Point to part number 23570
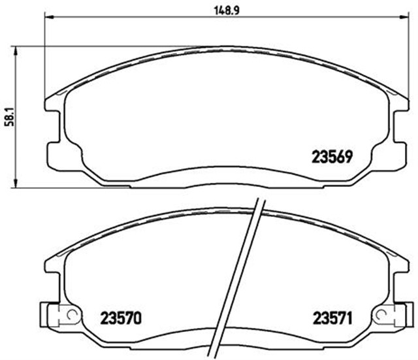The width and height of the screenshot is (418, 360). pyautogui.click(x=121, y=319)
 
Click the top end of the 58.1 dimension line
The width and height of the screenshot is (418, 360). pyautogui.click(x=16, y=47)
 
